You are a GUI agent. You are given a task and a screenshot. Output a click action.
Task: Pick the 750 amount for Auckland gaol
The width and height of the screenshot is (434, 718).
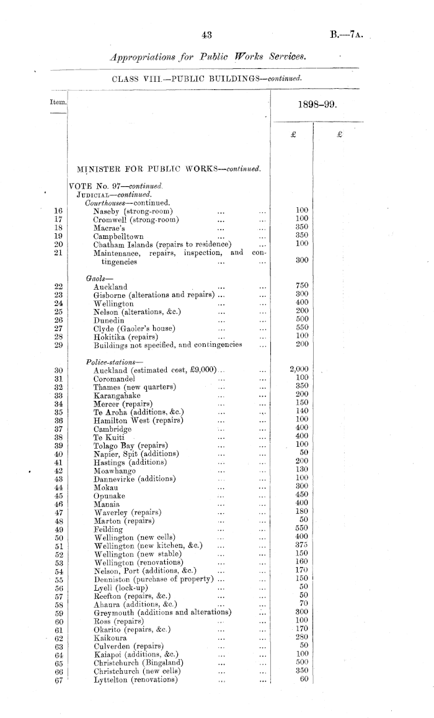303,286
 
